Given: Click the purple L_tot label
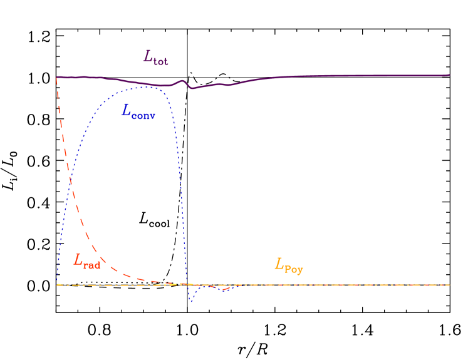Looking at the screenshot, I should (155, 58).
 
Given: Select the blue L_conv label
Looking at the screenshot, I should (138, 113).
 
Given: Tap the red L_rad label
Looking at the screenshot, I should (86, 261).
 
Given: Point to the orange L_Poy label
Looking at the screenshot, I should (288, 265).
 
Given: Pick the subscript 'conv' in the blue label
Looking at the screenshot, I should (145, 116).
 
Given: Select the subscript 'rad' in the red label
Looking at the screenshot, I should (92, 264).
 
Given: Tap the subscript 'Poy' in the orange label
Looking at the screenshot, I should (294, 269).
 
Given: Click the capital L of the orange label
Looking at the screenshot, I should (279, 264).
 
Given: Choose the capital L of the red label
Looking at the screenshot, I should (78, 260).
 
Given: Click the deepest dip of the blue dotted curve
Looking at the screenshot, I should (191, 302).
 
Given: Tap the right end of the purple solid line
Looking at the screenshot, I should (449, 75).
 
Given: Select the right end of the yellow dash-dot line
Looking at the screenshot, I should (449, 285).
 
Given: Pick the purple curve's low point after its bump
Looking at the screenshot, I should (192, 88).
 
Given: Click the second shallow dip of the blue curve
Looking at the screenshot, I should (223, 290).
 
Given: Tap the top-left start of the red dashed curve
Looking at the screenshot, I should (57, 77).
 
